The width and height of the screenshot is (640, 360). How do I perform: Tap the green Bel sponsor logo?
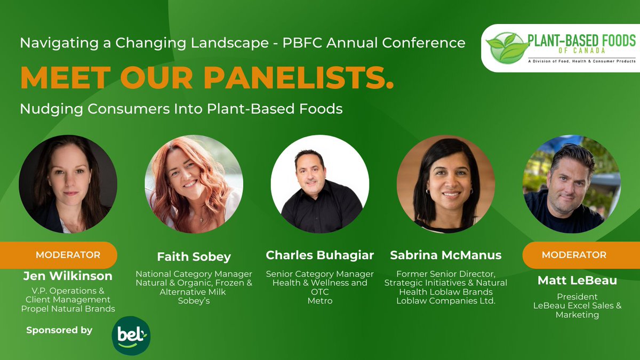pyautogui.click(x=131, y=335)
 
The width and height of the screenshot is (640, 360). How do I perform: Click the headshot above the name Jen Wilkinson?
pyautogui.click(x=68, y=184)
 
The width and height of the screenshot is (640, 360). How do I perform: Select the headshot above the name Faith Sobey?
pyautogui.click(x=194, y=184)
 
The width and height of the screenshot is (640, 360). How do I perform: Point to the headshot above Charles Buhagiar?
pyautogui.click(x=319, y=184)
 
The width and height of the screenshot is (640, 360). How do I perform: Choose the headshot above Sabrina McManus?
pyautogui.click(x=446, y=184)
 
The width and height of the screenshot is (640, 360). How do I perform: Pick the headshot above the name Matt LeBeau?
pyautogui.click(x=571, y=184)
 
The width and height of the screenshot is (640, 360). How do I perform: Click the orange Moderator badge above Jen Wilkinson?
pyautogui.click(x=68, y=255)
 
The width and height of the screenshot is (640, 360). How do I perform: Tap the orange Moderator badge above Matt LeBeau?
pyautogui.click(x=574, y=255)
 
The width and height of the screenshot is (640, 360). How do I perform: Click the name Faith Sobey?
pyautogui.click(x=194, y=257)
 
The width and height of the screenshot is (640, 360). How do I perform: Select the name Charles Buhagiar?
pyautogui.click(x=320, y=255)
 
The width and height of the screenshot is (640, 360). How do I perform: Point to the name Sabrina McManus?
pyautogui.click(x=446, y=255)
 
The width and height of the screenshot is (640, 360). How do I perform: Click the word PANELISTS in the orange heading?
pyautogui.click(x=299, y=78)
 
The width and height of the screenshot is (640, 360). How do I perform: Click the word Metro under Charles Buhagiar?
pyautogui.click(x=320, y=301)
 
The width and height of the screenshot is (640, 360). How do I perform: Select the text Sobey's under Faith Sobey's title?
pyautogui.click(x=194, y=301)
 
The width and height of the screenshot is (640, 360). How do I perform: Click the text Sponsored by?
pyautogui.click(x=59, y=331)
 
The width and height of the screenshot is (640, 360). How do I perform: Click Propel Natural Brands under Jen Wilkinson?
pyautogui.click(x=68, y=308)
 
